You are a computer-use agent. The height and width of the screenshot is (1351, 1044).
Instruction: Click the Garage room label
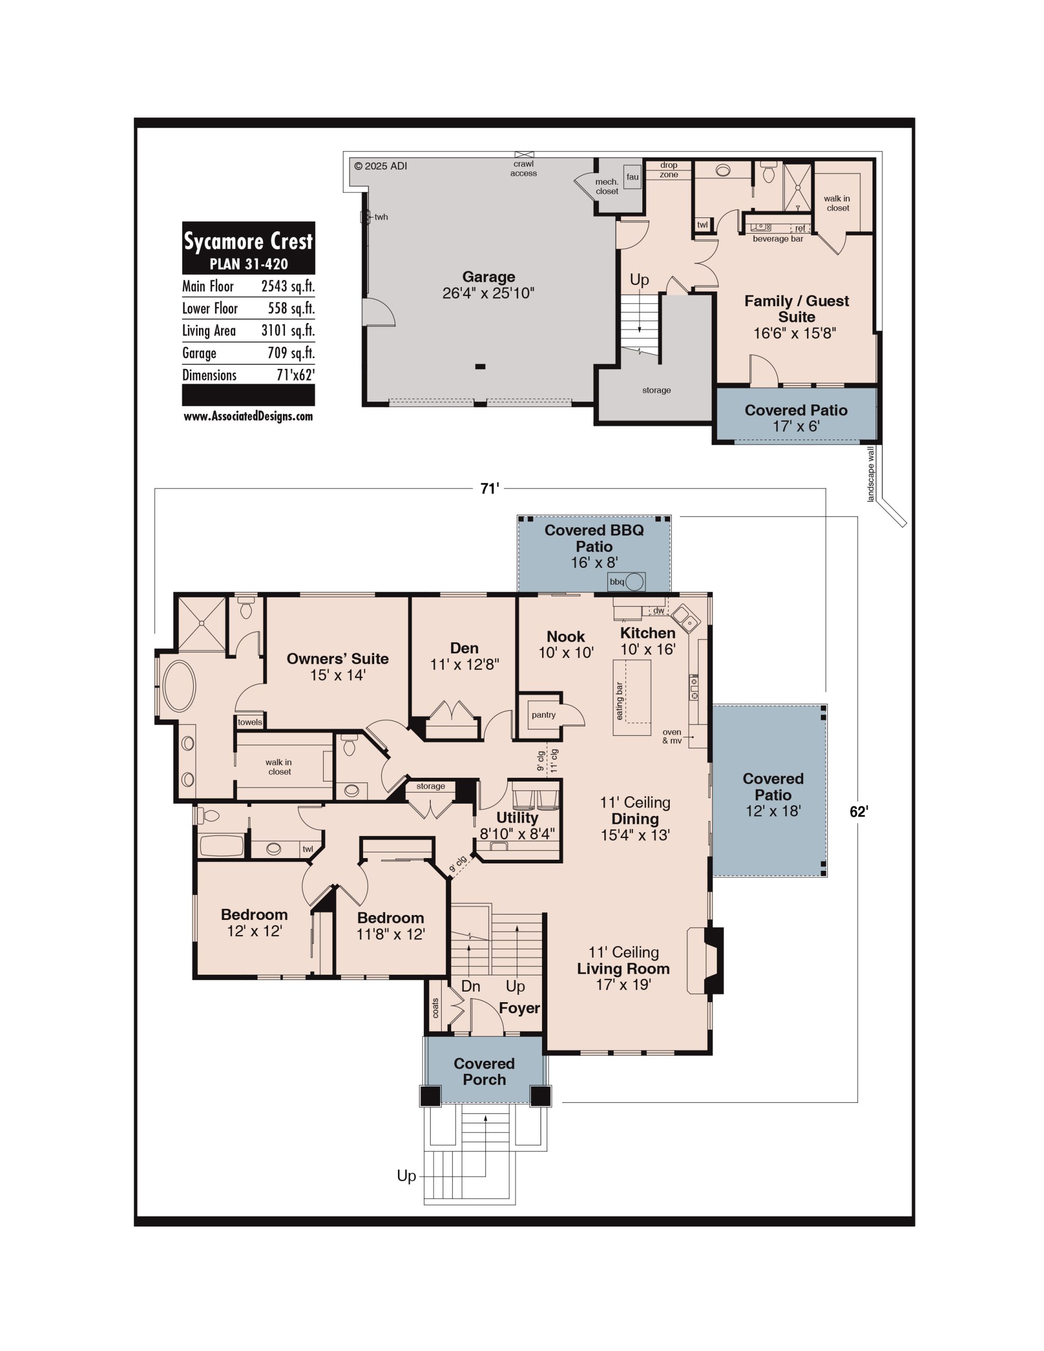click(488, 277)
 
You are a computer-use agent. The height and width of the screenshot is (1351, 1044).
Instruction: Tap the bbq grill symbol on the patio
click(627, 582)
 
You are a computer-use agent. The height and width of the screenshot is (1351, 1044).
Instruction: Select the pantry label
click(543, 715)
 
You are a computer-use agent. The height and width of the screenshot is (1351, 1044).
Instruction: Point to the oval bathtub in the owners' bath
click(179, 686)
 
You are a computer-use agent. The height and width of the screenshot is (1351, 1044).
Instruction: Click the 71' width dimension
click(489, 489)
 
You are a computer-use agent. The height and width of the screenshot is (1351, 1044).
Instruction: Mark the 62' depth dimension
click(858, 812)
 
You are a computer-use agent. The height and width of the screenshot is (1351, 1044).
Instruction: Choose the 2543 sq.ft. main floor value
click(288, 287)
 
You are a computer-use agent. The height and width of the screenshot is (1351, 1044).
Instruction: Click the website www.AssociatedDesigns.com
click(248, 416)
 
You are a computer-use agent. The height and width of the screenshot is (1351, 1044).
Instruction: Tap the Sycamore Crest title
click(248, 241)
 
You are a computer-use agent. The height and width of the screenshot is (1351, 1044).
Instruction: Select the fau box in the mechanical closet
click(632, 177)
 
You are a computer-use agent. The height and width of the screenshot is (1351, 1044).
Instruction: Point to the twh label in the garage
click(381, 217)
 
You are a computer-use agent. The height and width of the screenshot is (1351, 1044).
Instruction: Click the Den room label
click(464, 648)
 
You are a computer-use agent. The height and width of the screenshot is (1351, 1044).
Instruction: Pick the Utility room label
click(517, 817)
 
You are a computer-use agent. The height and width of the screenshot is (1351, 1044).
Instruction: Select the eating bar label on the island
click(620, 701)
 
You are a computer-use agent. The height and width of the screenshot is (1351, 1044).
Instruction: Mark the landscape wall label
click(871, 474)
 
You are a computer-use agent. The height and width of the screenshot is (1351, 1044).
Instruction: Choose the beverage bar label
click(778, 239)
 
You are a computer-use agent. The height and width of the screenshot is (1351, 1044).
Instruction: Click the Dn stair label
click(470, 986)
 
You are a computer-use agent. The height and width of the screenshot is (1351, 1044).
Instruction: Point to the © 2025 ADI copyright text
click(381, 166)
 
